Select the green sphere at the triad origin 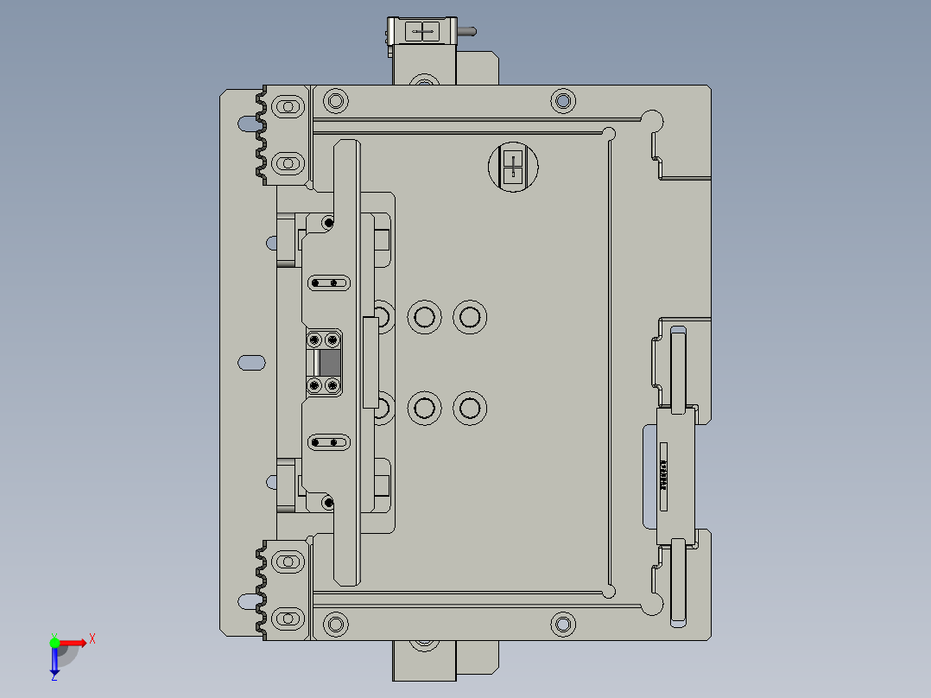pyautogui.click(x=54, y=642)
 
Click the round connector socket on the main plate pyautogui.click(x=513, y=167)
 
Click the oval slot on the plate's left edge pyautogui.click(x=251, y=362)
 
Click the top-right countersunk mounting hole pyautogui.click(x=563, y=101)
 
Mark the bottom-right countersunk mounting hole pyautogui.click(x=563, y=623)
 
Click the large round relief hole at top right pyautogui.click(x=652, y=120)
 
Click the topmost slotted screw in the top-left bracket pyautogui.click(x=287, y=107)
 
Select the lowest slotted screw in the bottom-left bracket pyautogui.click(x=287, y=619)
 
